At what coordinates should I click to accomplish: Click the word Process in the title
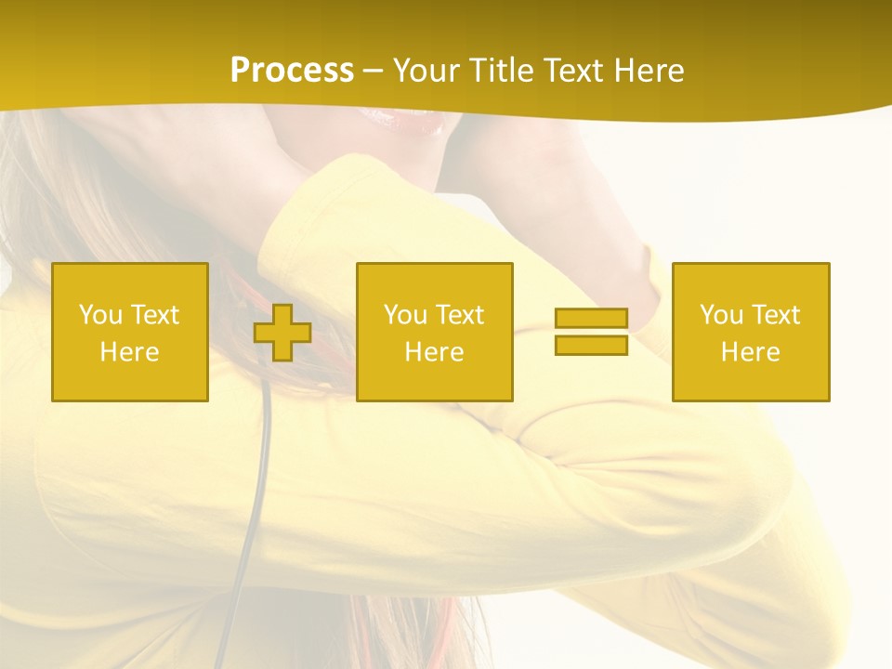click(292, 71)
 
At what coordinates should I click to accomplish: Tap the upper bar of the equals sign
click(591, 319)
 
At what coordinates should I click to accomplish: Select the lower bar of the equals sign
click(591, 346)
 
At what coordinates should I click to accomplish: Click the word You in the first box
click(100, 315)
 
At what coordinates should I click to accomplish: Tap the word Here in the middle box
click(435, 352)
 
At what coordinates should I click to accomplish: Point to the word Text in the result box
click(775, 315)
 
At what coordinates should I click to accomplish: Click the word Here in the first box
click(130, 352)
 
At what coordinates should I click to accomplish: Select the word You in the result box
click(721, 315)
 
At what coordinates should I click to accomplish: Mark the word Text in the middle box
click(459, 315)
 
